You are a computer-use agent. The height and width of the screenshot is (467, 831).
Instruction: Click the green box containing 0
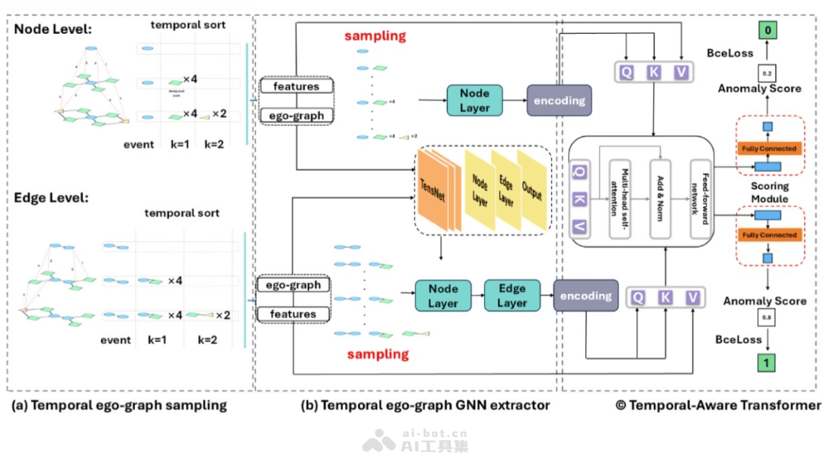767,30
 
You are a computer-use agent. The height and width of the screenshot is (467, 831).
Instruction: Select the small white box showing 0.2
767,72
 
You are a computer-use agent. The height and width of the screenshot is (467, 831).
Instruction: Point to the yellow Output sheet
532,190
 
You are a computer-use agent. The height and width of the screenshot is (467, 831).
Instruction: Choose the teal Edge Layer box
512,295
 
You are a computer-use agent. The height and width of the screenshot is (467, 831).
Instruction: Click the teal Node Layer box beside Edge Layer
443,295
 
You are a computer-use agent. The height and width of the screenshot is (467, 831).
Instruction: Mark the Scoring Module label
769,192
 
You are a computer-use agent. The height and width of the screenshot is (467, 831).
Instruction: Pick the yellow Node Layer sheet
479,189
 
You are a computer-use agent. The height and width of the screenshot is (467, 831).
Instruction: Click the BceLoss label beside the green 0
730,53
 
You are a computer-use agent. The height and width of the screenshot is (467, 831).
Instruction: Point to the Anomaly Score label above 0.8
765,302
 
